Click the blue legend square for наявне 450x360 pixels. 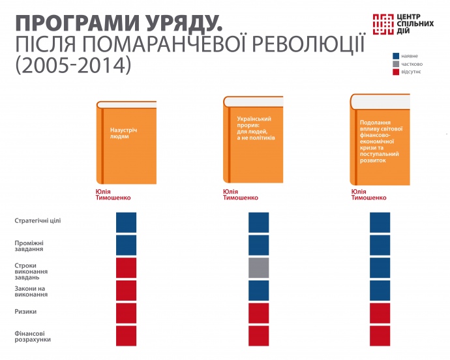(x=396, y=56)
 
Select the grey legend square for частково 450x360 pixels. (x=396, y=64)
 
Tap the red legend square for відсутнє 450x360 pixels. (x=396, y=72)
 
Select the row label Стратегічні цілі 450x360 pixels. (x=38, y=221)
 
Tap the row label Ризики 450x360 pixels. (x=25, y=312)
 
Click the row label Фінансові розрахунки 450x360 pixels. (x=33, y=337)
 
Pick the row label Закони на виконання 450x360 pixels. (x=31, y=291)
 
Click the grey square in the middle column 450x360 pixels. (x=258, y=268)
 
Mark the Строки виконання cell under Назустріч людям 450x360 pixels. (x=126, y=268)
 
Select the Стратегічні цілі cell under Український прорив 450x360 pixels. (x=258, y=222)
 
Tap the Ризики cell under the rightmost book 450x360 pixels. (x=380, y=313)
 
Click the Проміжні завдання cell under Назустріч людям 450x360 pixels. (x=126, y=245)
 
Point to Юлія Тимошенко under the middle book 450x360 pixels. (x=240, y=194)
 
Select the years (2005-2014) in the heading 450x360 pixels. (x=72, y=66)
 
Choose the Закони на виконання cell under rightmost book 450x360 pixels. (x=380, y=290)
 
